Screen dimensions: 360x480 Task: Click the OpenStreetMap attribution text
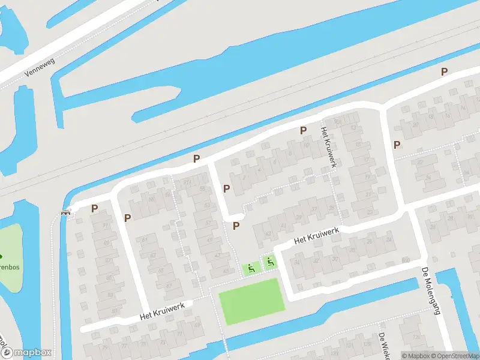[x=454, y=356]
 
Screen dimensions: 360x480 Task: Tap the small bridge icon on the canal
[x=65, y=212]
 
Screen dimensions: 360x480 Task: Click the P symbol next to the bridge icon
[x=94, y=209]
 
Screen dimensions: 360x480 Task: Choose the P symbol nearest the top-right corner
[x=444, y=71]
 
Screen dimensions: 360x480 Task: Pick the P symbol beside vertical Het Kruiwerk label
[x=304, y=130]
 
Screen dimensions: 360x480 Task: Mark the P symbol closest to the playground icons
[x=236, y=226]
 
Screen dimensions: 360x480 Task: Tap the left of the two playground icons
[x=251, y=269]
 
